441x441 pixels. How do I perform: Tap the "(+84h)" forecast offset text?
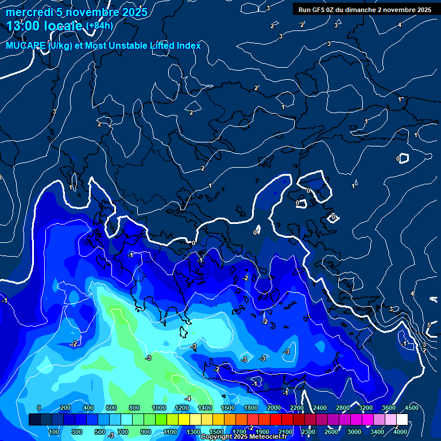click(99, 25)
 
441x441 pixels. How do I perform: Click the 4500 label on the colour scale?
click(412, 408)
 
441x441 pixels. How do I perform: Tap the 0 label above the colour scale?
click(38, 408)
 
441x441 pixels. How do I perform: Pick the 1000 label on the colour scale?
click(159, 408)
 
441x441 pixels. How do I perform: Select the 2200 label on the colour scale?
click(296, 408)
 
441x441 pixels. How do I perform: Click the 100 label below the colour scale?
click(54, 432)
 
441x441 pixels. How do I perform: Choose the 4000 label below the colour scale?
click(400, 432)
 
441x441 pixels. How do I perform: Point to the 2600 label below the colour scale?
click(331, 432)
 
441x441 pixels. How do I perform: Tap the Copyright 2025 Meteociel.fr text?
click(243, 437)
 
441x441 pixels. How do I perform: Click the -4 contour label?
click(188, 398)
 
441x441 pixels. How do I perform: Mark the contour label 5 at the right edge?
click(428, 326)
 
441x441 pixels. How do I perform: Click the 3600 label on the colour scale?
click(389, 408)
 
